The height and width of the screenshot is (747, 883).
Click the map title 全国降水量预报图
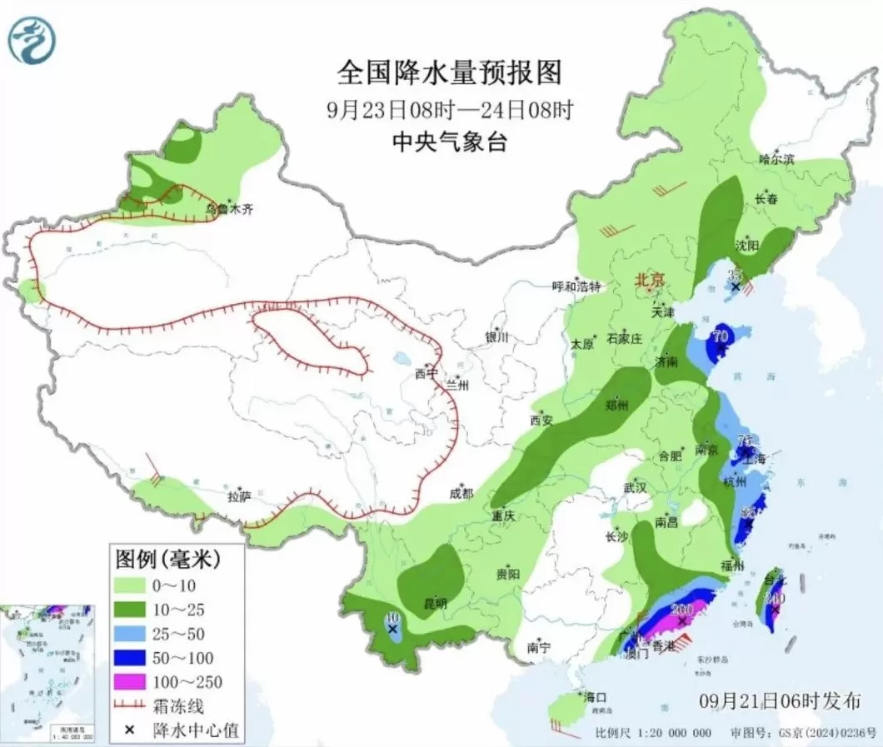pos(450,73)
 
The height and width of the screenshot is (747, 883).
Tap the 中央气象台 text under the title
pos(450,142)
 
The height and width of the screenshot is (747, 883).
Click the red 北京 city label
pos(650,281)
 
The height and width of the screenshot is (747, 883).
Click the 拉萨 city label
pos(239,497)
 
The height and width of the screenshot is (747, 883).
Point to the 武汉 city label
pos(636,487)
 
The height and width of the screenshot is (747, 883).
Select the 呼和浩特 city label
pos(576,286)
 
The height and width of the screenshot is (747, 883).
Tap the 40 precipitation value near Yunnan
pos(392,619)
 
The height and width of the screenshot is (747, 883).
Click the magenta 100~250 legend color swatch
pos(130,682)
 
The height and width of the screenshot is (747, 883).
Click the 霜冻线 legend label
pos(177,705)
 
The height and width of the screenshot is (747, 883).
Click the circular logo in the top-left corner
pos(30,37)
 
